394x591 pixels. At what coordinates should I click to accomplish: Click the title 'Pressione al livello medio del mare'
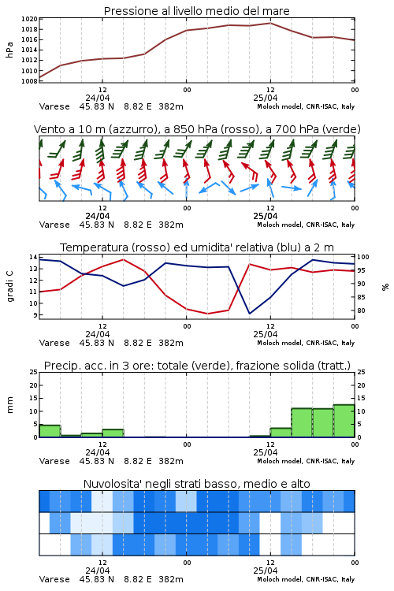coord(196,11)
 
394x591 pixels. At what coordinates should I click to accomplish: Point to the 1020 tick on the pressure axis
coord(29,19)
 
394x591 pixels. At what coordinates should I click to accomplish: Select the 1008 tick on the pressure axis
coord(29,81)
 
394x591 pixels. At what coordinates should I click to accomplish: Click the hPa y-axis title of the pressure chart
coord(9,50)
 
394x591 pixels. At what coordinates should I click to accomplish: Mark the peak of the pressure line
coord(270,23)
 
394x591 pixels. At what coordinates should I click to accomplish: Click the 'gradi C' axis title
coord(9,286)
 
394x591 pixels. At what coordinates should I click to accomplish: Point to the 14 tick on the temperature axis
coord(33,257)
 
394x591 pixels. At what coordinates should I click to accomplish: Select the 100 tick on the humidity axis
coord(363,257)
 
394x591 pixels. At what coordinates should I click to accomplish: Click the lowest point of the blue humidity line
coord(249,313)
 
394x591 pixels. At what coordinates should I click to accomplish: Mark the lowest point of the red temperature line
coord(207,314)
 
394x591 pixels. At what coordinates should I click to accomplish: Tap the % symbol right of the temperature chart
coord(385,287)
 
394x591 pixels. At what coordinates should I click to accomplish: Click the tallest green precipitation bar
coord(344,421)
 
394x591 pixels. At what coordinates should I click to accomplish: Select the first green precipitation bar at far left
coord(50,431)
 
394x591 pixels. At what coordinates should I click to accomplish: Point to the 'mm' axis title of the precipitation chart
coord(9,405)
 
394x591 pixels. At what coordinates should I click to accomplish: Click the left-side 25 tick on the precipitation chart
coord(34,372)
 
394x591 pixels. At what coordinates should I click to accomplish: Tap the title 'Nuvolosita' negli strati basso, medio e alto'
coord(196,484)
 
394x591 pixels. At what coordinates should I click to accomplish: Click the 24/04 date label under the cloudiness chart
coord(97,571)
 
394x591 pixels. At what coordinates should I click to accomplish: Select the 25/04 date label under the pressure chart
coord(265,98)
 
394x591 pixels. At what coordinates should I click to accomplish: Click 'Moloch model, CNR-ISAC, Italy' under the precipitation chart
coord(306,461)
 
